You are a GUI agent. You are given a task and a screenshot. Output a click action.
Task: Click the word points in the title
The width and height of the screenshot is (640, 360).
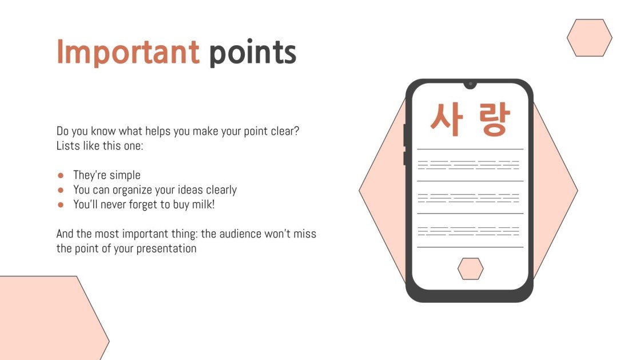pos(252,53)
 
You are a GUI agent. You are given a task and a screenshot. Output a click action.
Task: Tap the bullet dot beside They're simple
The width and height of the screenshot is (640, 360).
pos(61,176)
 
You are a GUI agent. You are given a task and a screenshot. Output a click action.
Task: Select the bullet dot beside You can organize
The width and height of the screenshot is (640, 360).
pos(61,190)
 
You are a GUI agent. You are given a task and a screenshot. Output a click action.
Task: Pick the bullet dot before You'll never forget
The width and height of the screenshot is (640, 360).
pos(61,204)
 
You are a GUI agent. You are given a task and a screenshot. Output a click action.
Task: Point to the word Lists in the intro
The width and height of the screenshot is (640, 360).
pos(67,145)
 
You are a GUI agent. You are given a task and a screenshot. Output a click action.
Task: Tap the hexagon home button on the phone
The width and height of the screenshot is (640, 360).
pos(470,268)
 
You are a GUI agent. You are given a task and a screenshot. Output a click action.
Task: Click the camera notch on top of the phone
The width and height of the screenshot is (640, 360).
pos(470,84)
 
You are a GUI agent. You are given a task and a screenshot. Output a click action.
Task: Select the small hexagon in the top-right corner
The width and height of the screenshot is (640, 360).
pos(589,38)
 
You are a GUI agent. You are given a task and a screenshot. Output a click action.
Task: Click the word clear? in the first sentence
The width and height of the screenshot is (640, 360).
pos(285,131)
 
